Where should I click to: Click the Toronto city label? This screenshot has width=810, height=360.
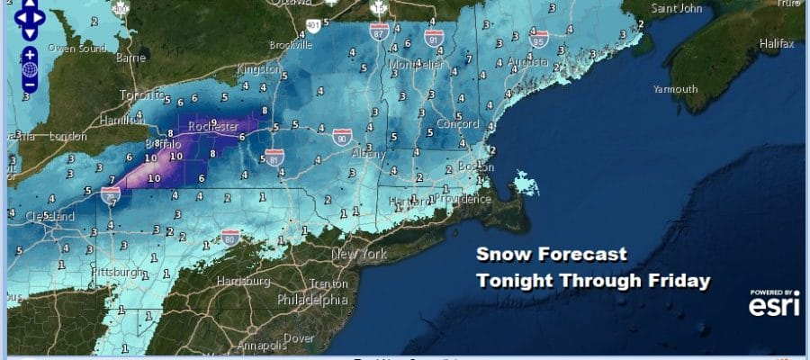pyautogui.click(x=132, y=92)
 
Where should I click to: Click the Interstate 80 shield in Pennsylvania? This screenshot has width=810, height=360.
pyautogui.click(x=230, y=238)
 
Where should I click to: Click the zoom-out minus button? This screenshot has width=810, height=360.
pyautogui.click(x=30, y=85)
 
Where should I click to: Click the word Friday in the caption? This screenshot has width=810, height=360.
pyautogui.click(x=675, y=281)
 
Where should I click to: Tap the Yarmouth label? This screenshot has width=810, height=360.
pyautogui.click(x=675, y=89)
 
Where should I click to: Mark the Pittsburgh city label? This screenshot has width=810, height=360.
pyautogui.click(x=115, y=271)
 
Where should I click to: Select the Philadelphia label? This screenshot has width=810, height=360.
pyautogui.click(x=311, y=299)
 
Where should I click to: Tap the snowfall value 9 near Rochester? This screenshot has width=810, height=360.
pyautogui.click(x=213, y=121)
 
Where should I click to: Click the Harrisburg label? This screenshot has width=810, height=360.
pyautogui.click(x=243, y=281)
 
